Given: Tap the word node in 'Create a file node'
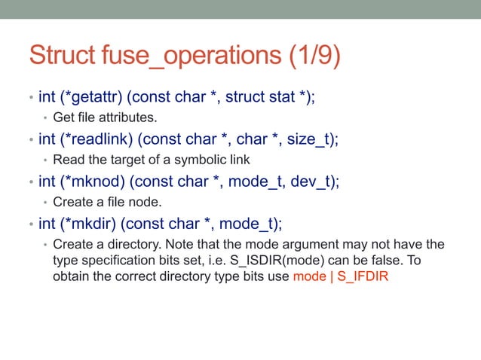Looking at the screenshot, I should [147, 201].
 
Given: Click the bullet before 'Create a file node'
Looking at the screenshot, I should [44, 202].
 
